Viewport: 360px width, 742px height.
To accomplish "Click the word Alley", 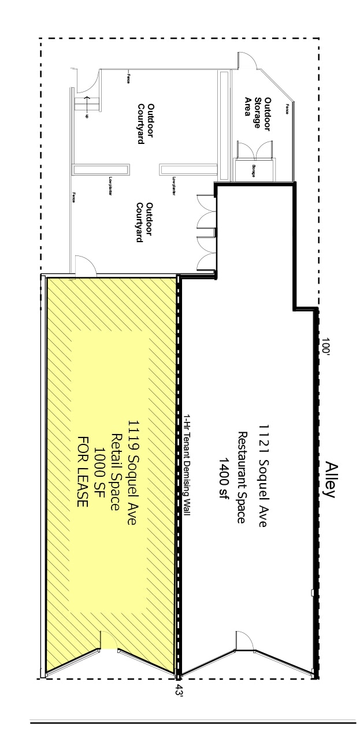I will click(x=330, y=479).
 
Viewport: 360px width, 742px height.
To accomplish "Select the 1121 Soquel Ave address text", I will click(x=262, y=474).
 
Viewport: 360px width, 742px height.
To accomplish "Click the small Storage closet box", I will click(x=254, y=168).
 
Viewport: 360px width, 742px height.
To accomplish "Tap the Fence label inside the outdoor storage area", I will click(x=286, y=108).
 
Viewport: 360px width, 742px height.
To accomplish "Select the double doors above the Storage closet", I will click(x=255, y=148).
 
